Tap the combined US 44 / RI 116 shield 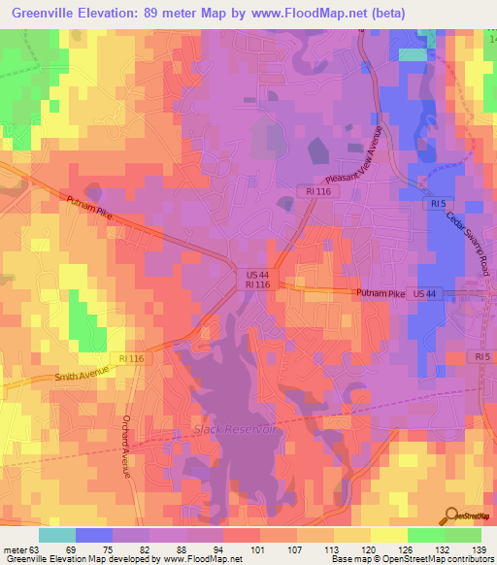[250, 280]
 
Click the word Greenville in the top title [55, 13]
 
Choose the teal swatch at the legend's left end [57, 535]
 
